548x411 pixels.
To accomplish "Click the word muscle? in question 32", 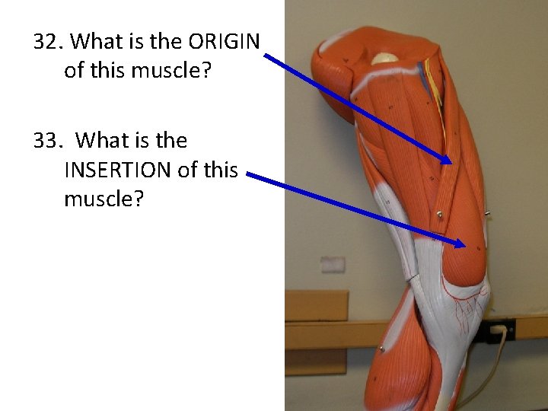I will click(x=176, y=71).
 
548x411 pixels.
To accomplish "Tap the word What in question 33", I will click(x=102, y=140).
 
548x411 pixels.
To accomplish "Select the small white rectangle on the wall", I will click(x=333, y=264).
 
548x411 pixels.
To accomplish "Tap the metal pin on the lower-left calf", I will click(x=380, y=349).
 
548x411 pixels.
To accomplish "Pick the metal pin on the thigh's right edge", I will click(x=486, y=214).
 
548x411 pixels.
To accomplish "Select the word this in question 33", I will click(x=220, y=170).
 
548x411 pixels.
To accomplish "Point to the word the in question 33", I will click(x=171, y=140).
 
